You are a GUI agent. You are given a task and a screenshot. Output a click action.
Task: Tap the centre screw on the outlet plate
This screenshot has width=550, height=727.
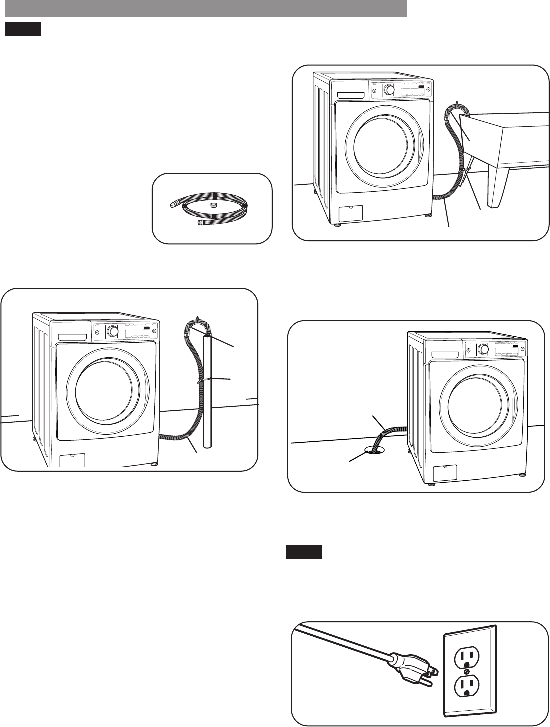coord(466,671)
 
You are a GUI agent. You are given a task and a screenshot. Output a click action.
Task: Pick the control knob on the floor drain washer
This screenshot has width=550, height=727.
coord(483,349)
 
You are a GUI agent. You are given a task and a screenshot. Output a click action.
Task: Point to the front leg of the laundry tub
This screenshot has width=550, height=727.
coord(499,190)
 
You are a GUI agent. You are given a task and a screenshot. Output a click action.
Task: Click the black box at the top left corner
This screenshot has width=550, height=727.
coord(22,29)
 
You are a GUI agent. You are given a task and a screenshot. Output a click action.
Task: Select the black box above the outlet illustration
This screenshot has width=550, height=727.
coord(304,552)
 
